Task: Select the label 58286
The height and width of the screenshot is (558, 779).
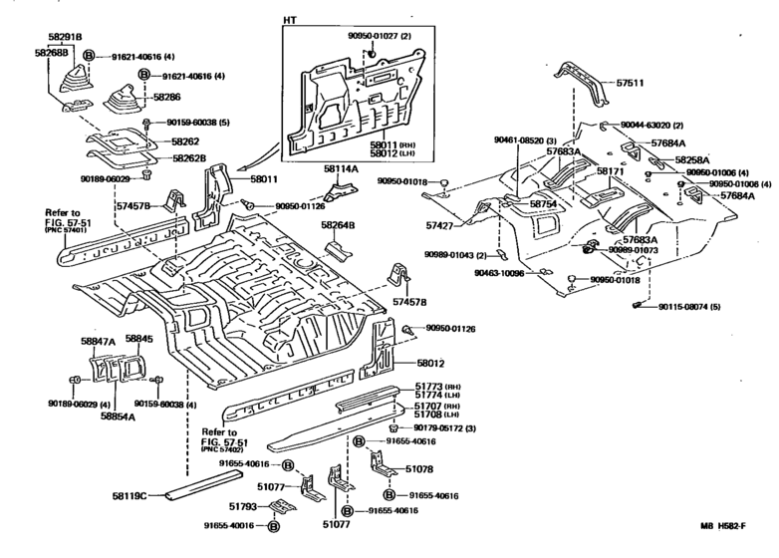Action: click(167, 98)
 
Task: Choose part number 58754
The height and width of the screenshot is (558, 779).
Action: click(543, 203)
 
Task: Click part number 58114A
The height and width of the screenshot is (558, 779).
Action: click(340, 170)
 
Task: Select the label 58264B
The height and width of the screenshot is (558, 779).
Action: click(339, 225)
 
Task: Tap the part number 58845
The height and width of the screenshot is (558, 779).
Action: click(138, 340)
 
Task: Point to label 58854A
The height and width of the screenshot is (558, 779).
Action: click(118, 417)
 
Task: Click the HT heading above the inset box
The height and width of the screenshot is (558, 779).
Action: click(289, 21)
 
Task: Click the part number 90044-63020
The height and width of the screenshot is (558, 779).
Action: click(650, 126)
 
